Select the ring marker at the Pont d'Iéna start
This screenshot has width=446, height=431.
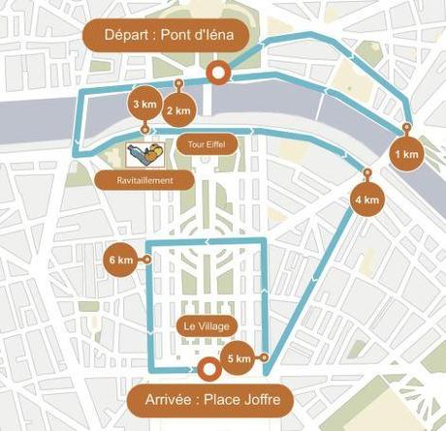click(x=219, y=72)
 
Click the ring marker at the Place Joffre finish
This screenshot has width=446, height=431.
click(x=206, y=369)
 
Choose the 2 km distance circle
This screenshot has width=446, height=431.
click(x=178, y=110)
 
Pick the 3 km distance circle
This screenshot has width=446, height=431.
click(x=143, y=104)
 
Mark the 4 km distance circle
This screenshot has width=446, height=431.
click(x=366, y=200)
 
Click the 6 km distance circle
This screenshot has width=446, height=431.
click(x=121, y=260)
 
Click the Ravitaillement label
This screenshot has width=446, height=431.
click(x=145, y=179)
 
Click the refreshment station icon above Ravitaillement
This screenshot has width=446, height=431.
click(x=144, y=154)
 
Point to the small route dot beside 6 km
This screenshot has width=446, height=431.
click(x=147, y=260)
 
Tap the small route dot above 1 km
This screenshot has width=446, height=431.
click(x=406, y=128)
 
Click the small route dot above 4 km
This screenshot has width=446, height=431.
click(x=366, y=172)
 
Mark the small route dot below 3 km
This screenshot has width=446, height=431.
click(x=144, y=129)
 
